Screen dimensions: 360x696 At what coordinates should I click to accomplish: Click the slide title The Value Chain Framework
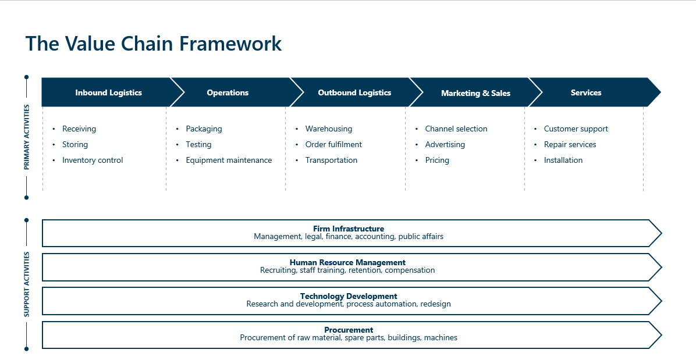(154, 44)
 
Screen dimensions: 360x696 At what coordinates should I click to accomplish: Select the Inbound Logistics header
(108, 92)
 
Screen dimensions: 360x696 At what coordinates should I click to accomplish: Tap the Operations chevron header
(228, 92)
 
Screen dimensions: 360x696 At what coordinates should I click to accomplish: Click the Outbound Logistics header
(354, 92)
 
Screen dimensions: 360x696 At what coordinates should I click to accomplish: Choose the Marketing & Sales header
(475, 93)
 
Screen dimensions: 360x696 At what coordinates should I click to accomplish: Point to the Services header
(585, 92)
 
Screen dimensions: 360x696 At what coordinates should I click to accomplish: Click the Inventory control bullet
(93, 160)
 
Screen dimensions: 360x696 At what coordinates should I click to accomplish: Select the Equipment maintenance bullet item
(229, 160)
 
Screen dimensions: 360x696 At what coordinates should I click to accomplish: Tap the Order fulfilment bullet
(333, 144)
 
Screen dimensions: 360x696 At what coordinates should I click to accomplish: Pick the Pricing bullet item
(437, 160)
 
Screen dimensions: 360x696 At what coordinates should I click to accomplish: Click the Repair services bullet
(570, 144)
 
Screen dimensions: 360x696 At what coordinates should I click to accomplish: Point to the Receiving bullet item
(79, 129)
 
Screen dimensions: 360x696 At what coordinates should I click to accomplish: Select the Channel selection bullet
(456, 129)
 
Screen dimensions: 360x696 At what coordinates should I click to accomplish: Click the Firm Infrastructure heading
(349, 229)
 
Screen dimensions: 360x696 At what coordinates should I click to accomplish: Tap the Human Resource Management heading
(347, 262)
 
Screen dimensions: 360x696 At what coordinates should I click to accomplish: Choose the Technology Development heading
(349, 296)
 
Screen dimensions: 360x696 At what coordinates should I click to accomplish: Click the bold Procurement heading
(349, 330)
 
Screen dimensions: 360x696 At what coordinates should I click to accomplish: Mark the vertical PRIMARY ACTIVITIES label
(26, 137)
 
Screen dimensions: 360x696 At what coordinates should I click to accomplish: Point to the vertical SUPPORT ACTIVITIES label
(26, 284)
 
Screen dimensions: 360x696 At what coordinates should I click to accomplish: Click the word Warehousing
(329, 129)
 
